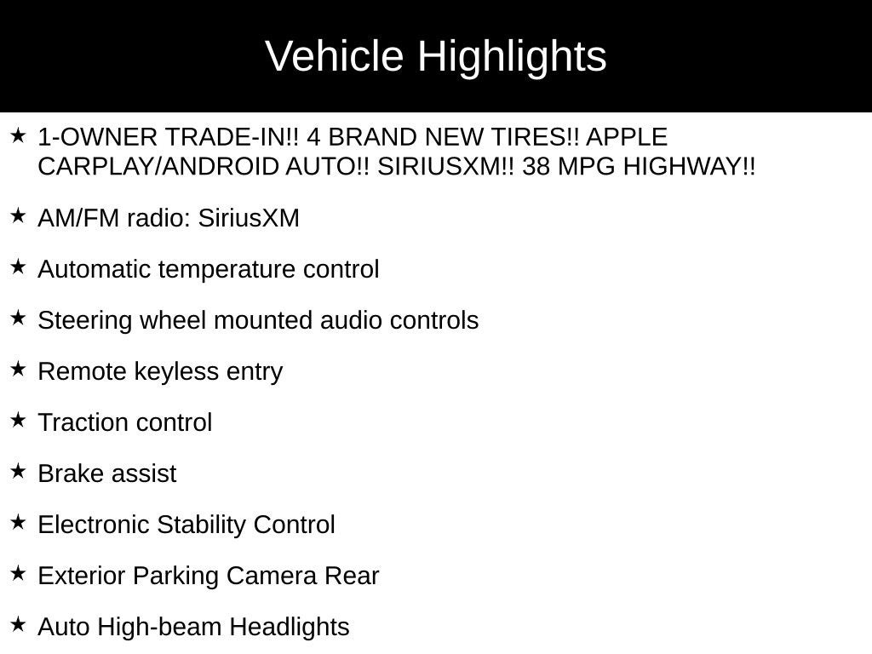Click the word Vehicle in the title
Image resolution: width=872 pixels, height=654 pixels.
334,56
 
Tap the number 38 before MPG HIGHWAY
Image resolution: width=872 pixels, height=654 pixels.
536,166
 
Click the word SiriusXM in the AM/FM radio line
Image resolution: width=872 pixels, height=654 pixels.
249,217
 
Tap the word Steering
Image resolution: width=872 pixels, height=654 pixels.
84,321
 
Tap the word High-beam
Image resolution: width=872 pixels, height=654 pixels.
161,628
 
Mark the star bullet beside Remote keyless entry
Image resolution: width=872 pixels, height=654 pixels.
18,369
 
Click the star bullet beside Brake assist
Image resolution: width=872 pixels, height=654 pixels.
18,471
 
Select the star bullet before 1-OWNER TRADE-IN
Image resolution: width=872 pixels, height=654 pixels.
18,135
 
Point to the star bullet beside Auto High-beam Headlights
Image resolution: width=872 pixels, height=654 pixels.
18,624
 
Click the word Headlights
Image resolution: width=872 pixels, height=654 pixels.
290,628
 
